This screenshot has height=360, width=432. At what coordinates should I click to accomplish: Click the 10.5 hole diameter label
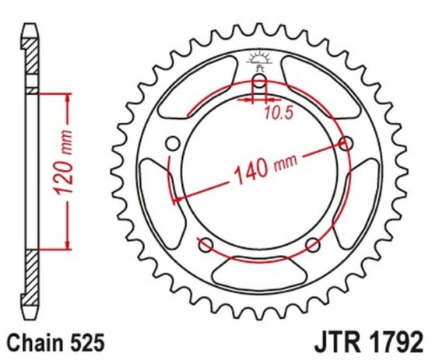[x=278, y=113]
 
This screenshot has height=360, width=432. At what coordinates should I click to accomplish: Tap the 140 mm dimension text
[x=265, y=169]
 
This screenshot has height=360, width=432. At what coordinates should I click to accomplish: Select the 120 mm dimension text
[x=63, y=163]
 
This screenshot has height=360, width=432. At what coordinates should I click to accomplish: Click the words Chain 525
[x=56, y=343]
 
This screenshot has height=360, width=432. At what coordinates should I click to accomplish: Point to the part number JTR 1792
[x=369, y=343]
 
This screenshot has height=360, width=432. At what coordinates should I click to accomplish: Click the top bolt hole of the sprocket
[x=259, y=82]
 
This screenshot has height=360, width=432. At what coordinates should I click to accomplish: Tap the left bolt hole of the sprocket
[x=174, y=144]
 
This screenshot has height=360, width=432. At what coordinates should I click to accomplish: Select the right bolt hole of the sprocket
[x=346, y=143]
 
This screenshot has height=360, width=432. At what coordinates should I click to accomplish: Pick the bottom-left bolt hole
[x=206, y=245]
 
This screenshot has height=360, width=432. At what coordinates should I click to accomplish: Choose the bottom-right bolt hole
[x=313, y=245]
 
